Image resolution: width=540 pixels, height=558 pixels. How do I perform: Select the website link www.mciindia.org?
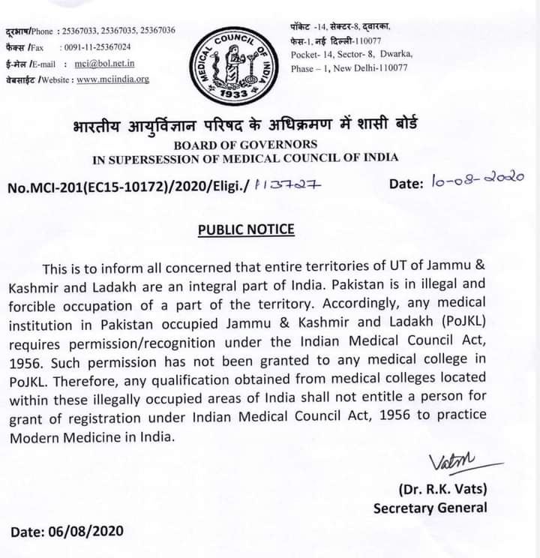(x=112, y=79)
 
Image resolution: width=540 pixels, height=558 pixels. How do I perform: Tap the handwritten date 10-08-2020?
(x=477, y=181)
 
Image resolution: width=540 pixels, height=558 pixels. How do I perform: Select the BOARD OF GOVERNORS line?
(x=245, y=144)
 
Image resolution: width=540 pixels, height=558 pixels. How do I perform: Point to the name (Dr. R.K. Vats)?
(x=442, y=489)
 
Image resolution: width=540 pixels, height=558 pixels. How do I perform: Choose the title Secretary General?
(x=430, y=508)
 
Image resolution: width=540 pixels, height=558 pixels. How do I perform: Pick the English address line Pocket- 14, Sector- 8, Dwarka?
(x=351, y=54)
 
